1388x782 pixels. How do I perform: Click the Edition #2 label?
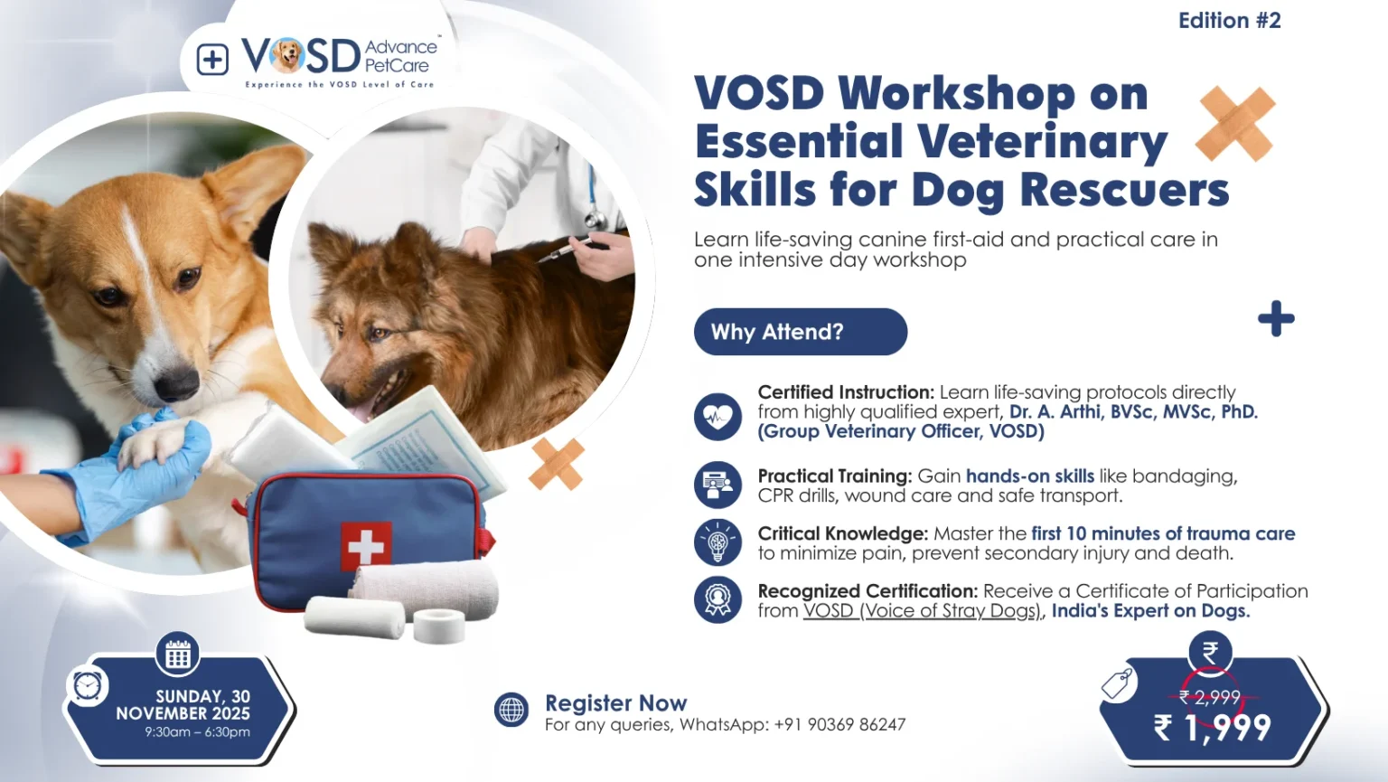[x=1229, y=21]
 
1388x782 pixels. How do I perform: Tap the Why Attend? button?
[x=801, y=332]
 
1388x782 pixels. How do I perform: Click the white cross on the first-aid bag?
[x=366, y=546]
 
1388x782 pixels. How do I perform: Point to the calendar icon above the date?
[x=178, y=655]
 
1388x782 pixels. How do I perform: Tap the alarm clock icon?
[x=88, y=686]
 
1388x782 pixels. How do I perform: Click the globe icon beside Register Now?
[x=511, y=710]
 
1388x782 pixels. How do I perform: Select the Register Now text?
[x=616, y=703]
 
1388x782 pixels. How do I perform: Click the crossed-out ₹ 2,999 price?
[x=1210, y=698]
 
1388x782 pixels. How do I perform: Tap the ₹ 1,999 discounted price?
[x=1212, y=728]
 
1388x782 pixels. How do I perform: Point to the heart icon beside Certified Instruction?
[x=717, y=417]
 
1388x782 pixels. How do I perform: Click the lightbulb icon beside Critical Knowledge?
[x=717, y=542]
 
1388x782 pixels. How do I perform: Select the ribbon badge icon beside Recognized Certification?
[x=717, y=599]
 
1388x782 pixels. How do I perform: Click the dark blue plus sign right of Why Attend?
[x=1277, y=319]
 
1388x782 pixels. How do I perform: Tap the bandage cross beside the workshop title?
[x=1235, y=124]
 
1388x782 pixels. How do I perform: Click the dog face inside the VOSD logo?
[x=286, y=55]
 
